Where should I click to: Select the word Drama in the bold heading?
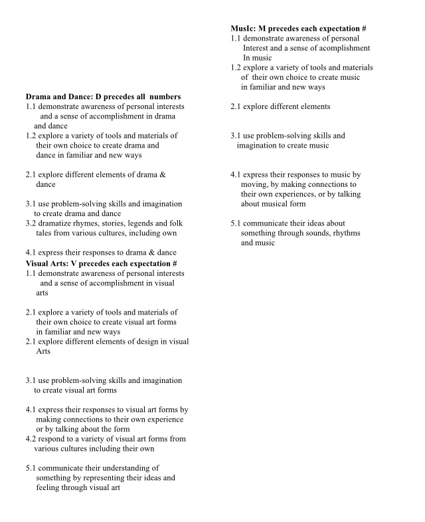(39, 96)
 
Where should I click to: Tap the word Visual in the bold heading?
(39, 263)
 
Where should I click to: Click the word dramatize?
(58, 223)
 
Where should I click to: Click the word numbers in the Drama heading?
(165, 96)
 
